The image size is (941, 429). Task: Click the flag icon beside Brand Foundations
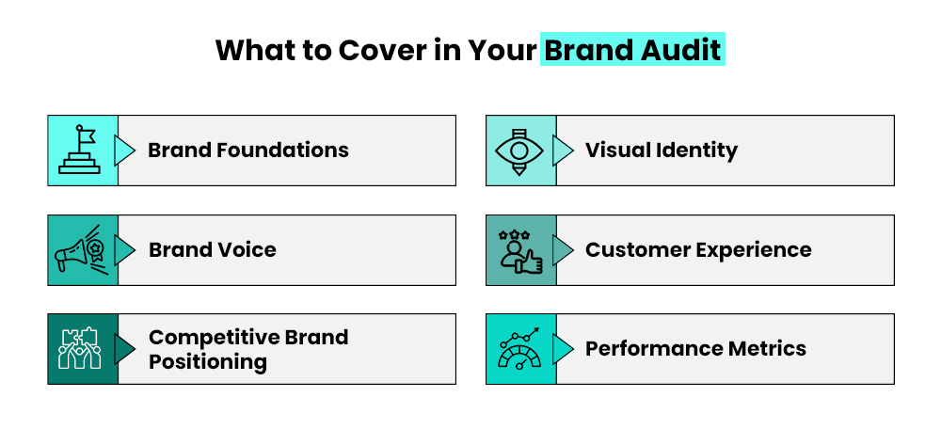click(x=82, y=151)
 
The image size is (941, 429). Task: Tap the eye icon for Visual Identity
click(x=520, y=151)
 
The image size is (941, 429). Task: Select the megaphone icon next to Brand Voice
click(x=82, y=250)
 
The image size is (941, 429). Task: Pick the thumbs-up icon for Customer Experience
click(x=520, y=250)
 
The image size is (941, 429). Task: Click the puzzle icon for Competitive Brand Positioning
click(x=82, y=349)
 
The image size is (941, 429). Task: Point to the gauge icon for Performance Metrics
click(x=520, y=349)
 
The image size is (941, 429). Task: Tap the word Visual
click(x=614, y=150)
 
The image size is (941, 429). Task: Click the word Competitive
click(x=206, y=337)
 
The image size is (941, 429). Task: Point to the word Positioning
click(x=208, y=361)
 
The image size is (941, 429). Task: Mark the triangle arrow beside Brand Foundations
click(x=124, y=151)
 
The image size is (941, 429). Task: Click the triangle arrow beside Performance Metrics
click(x=563, y=349)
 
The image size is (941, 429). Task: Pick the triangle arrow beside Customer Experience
click(x=563, y=250)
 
